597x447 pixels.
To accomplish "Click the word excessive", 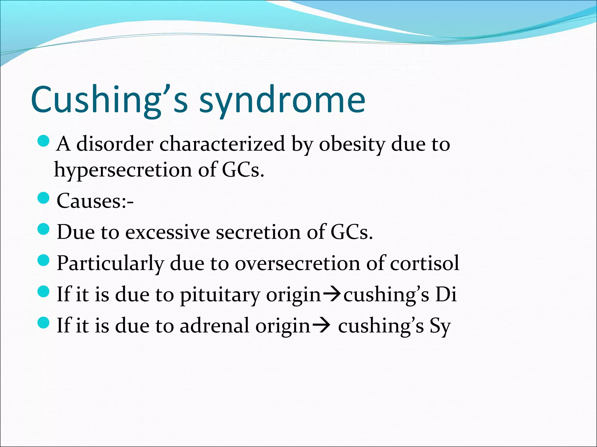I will point(168,232).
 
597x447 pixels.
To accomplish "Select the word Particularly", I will point(110,264).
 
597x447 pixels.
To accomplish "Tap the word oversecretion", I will point(297,263).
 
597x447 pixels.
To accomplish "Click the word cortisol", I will point(424,263).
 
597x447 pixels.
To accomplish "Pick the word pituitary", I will point(220,295).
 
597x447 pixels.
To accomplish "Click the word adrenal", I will point(215,326).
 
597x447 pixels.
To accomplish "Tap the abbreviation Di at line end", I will point(446,295).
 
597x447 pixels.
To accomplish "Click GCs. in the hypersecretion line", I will point(243,170).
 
